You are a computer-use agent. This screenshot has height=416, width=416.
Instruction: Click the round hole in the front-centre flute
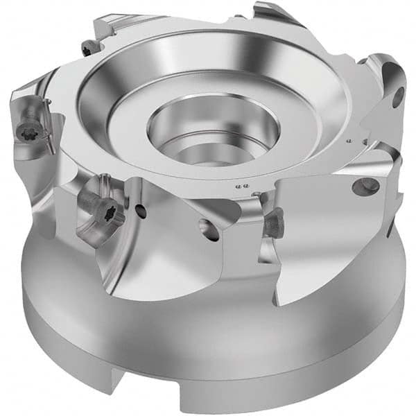(x=209, y=229)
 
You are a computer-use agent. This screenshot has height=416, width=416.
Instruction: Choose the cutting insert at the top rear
(x=274, y=14)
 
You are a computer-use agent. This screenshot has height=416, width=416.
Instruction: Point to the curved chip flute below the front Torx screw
(x=125, y=263)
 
